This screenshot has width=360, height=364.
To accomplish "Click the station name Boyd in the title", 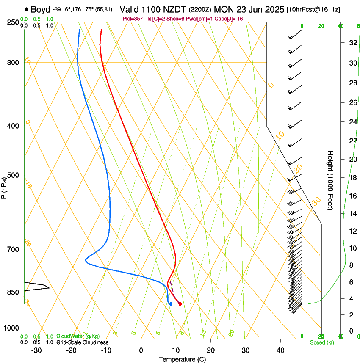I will tap(40, 9).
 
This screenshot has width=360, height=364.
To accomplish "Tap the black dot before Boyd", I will tap(27, 9).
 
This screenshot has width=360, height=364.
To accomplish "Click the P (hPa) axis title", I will tap(4, 185).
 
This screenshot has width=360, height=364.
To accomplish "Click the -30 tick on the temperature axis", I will tap(36, 350).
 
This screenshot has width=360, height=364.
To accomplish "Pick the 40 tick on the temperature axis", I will tap(280, 350).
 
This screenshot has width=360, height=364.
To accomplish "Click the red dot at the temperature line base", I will tap(180, 303).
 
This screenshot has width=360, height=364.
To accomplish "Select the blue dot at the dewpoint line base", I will tap(171, 303).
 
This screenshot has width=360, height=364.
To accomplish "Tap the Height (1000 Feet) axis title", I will tap(330, 180).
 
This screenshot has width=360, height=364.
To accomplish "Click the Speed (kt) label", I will tap(321, 342).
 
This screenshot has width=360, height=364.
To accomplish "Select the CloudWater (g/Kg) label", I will tap(78, 336).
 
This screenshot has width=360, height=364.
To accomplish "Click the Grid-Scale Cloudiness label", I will tap(82, 342).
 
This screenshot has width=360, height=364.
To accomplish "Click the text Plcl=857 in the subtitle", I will tap(133, 19).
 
